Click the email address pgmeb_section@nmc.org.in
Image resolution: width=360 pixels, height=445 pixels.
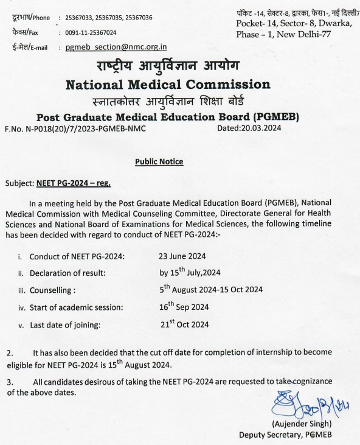click(x=117, y=47)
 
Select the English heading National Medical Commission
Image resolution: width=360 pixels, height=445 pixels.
click(x=167, y=83)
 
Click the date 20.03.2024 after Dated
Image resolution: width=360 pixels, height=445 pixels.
click(x=261, y=129)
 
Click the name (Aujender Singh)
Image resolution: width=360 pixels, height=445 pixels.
click(x=303, y=424)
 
